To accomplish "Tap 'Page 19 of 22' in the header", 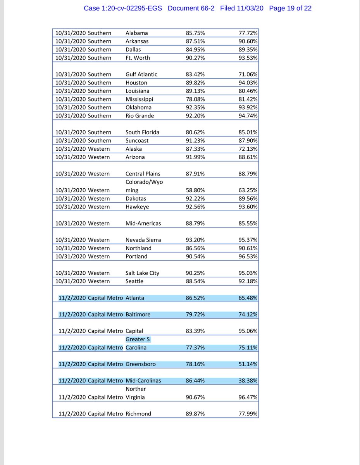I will [x=290, y=8].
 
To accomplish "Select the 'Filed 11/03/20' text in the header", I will [x=241, y=8].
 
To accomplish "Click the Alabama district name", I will [x=136, y=33].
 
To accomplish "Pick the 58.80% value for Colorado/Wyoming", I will [x=195, y=190].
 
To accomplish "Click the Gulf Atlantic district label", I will [x=141, y=74].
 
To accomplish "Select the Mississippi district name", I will [x=139, y=99].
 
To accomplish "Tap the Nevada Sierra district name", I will [x=143, y=240].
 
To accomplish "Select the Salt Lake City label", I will [x=142, y=273].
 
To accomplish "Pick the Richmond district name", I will [x=138, y=414].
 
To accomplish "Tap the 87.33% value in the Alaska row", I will [x=195, y=149].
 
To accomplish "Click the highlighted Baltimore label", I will [x=138, y=315].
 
